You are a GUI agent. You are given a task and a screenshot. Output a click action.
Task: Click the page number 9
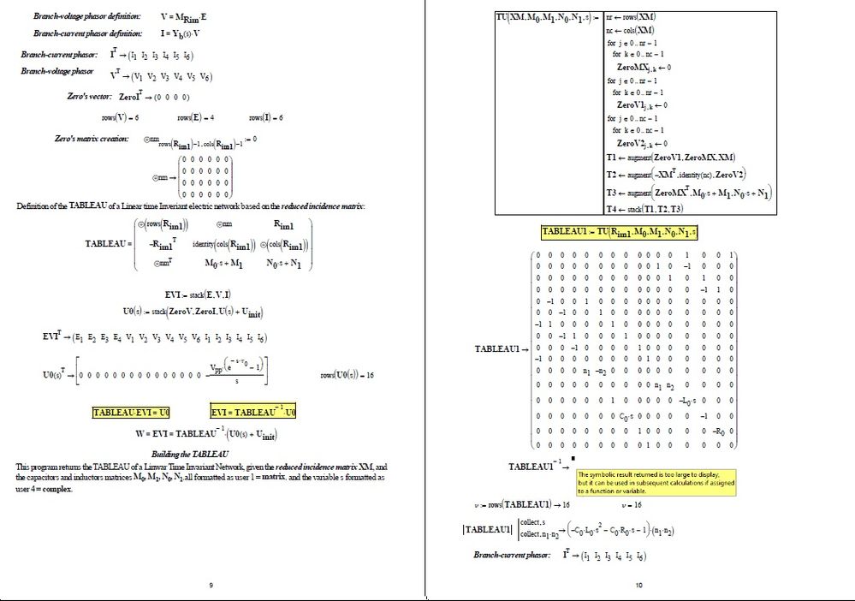tap(211, 586)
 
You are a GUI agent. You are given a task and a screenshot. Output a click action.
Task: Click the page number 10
tap(638, 586)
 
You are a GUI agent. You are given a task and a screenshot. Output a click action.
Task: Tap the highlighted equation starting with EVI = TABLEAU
tap(254, 413)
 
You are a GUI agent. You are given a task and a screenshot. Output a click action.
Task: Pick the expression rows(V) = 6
tap(120, 117)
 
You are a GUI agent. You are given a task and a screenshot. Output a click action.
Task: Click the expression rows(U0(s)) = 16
tap(347, 375)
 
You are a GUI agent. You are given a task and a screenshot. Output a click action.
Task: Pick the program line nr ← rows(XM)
tap(631, 17)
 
